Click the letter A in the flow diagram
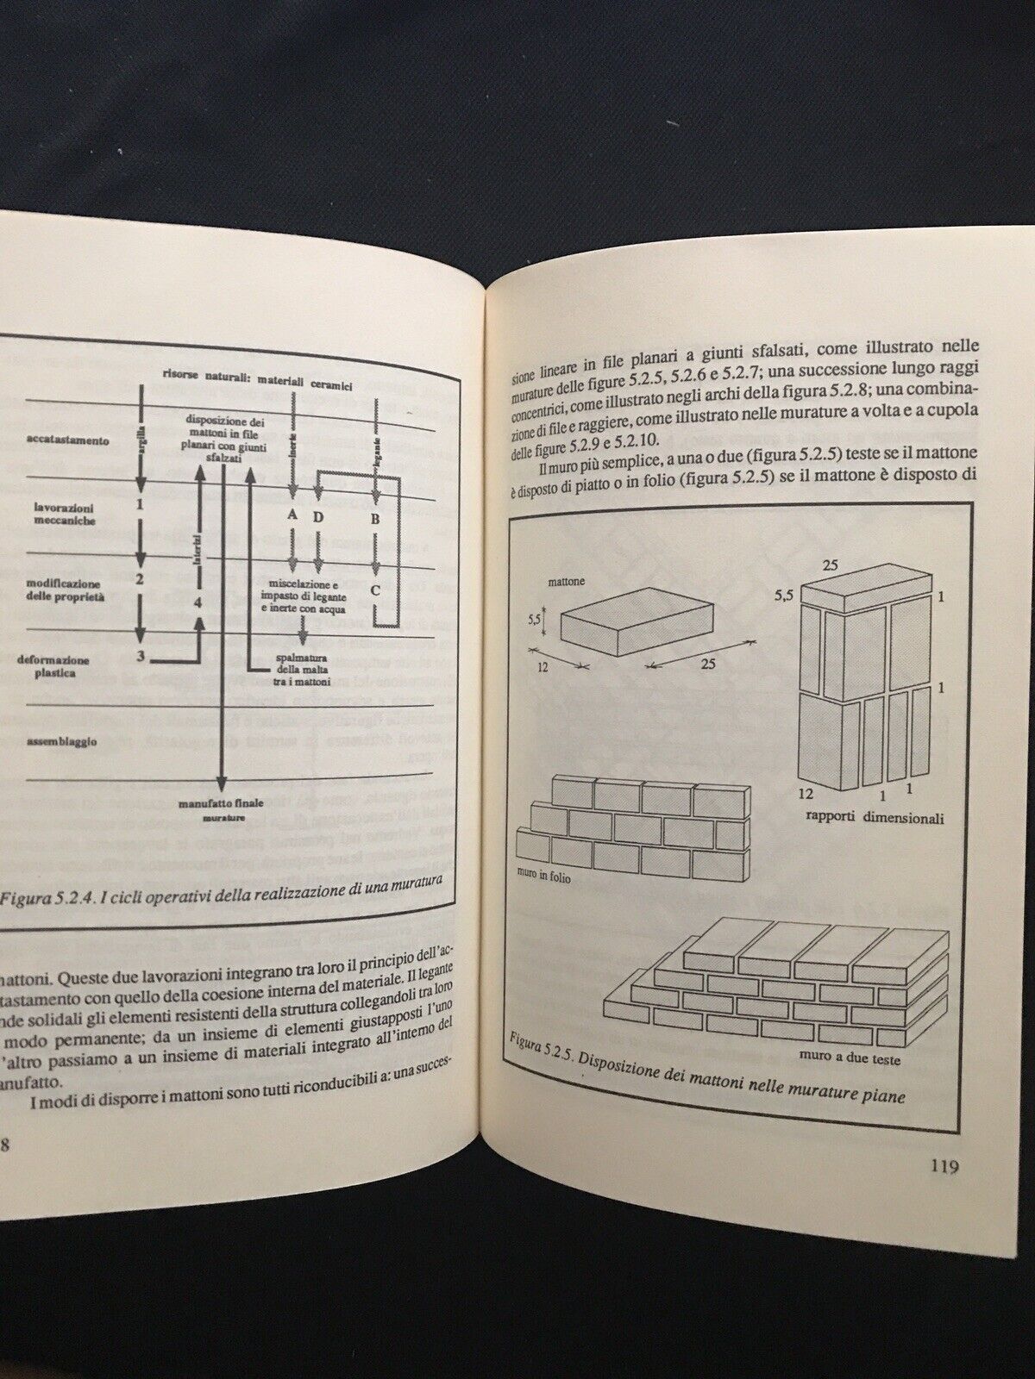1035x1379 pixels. [x=292, y=514]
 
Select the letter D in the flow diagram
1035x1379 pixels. [x=318, y=516]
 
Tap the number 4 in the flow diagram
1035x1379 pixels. [x=198, y=602]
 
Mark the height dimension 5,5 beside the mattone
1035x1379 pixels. [x=536, y=618]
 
